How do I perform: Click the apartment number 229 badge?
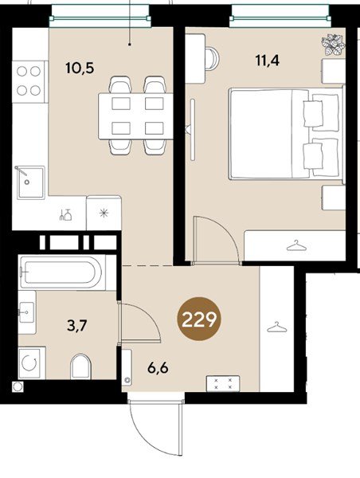point(199,319)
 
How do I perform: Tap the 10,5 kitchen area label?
point(80,68)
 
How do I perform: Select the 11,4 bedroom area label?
point(268,61)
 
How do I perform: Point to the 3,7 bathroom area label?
point(76,326)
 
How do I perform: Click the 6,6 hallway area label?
point(158,369)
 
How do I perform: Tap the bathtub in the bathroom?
point(62,272)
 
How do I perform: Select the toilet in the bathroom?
point(80,366)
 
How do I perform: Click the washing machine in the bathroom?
point(32,363)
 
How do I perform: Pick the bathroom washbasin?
point(27,312)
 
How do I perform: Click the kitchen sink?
point(30,182)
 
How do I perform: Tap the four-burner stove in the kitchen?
point(29,81)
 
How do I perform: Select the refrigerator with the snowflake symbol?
point(104,213)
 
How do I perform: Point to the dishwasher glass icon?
point(65,215)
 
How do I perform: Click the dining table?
point(135,116)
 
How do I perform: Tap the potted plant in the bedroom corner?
point(333,45)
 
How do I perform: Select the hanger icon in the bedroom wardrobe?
point(296,246)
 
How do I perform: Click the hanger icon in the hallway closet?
point(277,327)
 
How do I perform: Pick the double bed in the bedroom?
point(287,133)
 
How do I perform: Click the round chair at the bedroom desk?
point(212,58)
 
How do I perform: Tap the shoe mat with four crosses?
point(223,383)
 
